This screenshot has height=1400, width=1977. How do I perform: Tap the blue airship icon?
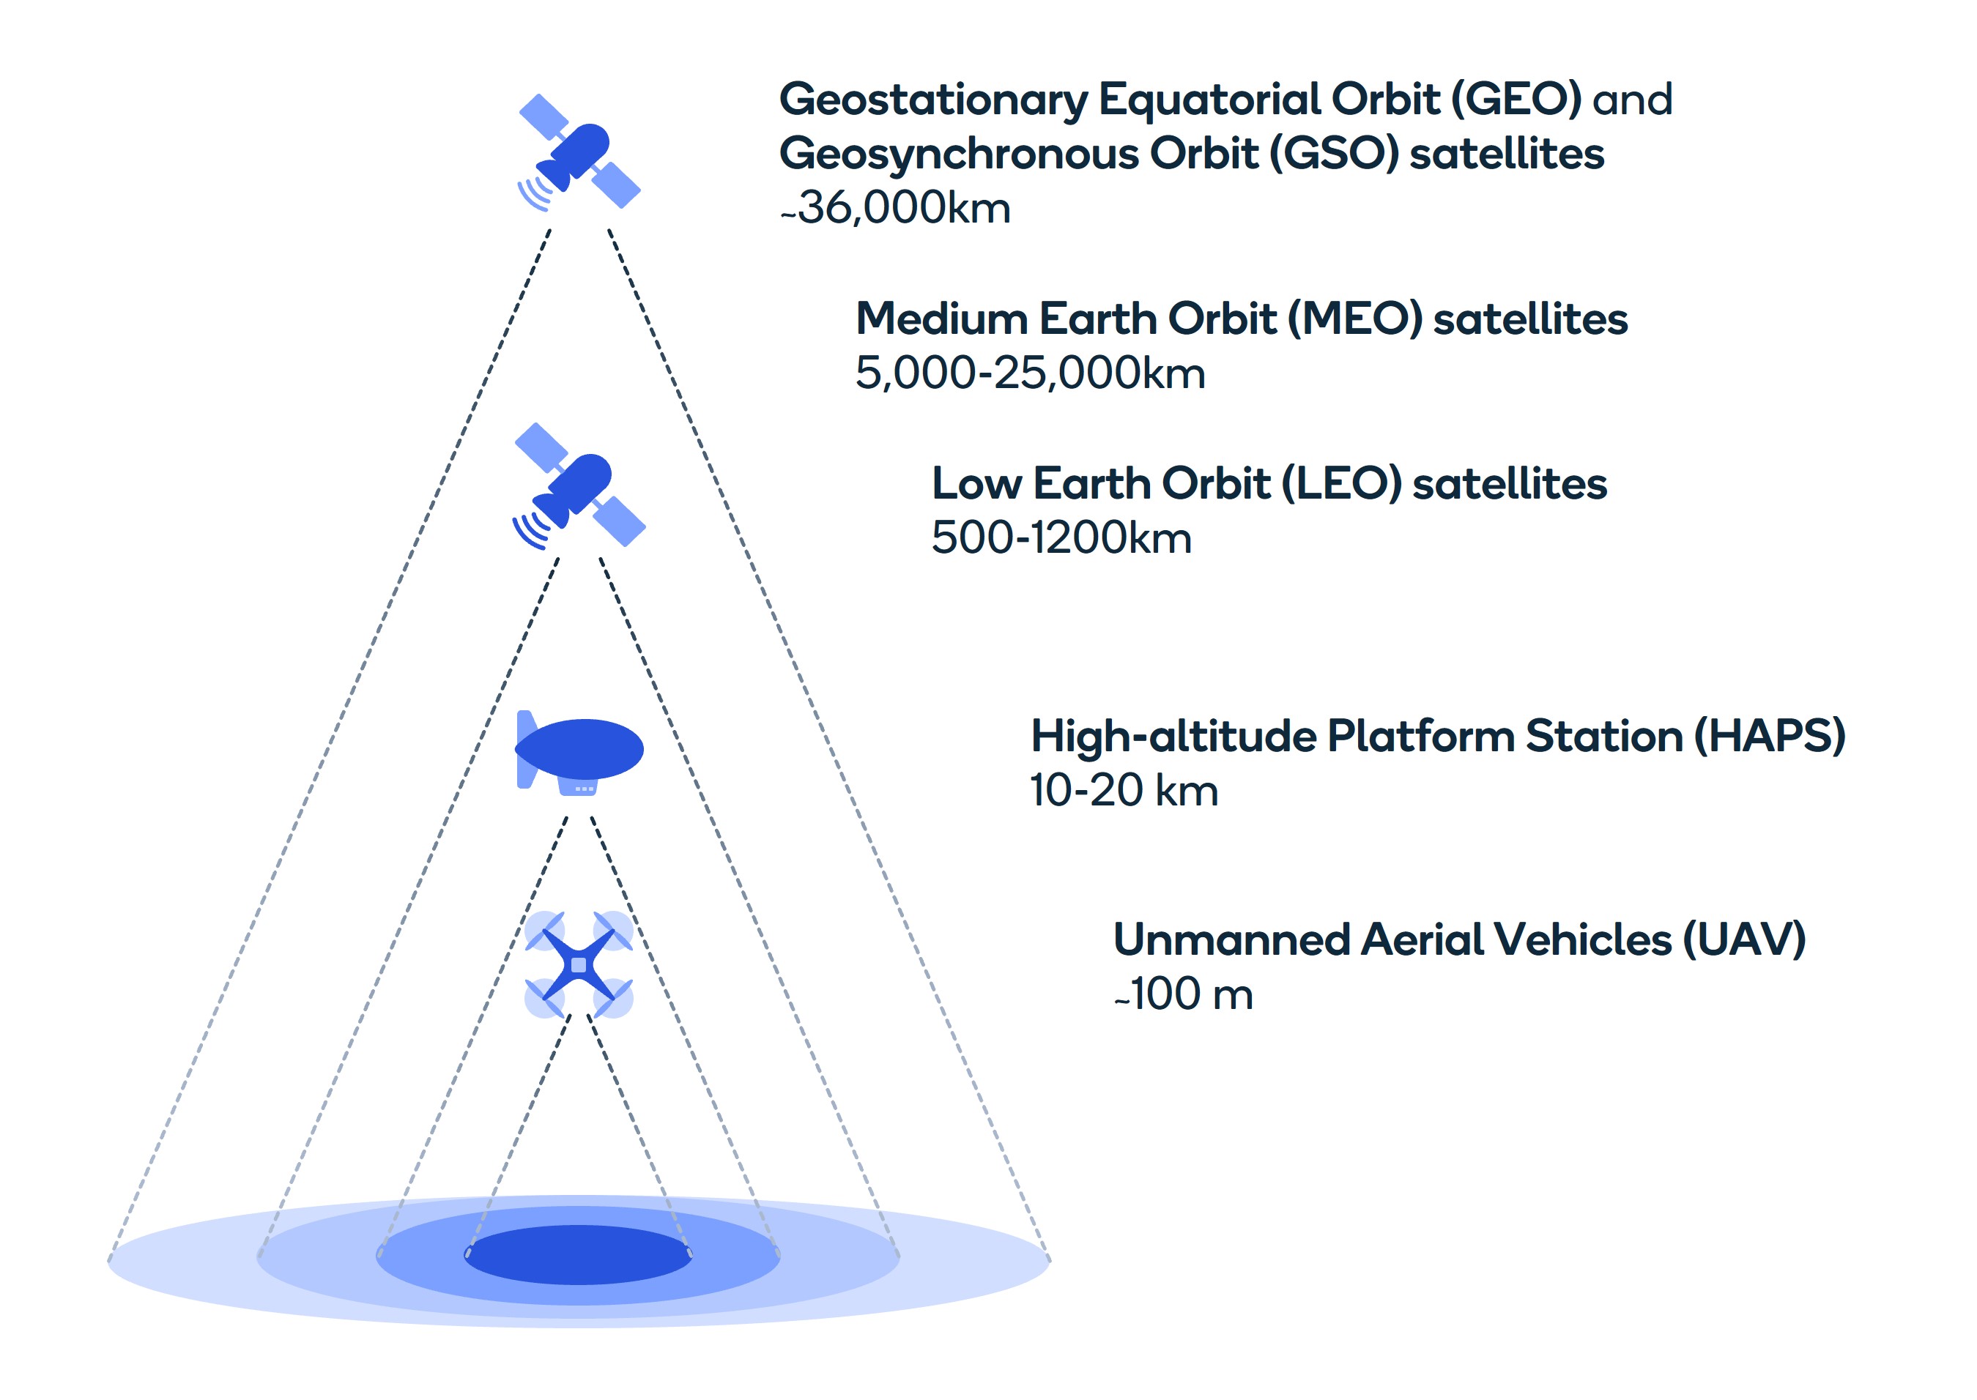[x=579, y=749]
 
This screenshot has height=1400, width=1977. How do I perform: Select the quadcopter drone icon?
[x=579, y=964]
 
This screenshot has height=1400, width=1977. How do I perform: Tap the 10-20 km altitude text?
[x=1124, y=791]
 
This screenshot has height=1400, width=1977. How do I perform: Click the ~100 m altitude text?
[x=1183, y=994]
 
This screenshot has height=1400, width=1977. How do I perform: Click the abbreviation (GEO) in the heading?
[x=1516, y=99]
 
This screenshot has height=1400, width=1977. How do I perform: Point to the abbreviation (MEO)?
[x=1354, y=319]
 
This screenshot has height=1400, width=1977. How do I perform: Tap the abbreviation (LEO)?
[x=1342, y=483]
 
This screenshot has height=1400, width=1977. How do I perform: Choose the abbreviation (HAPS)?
[x=1769, y=736]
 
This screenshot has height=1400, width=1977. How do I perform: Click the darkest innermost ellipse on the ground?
[x=579, y=1254]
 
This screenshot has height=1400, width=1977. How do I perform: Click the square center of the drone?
[x=579, y=964]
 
